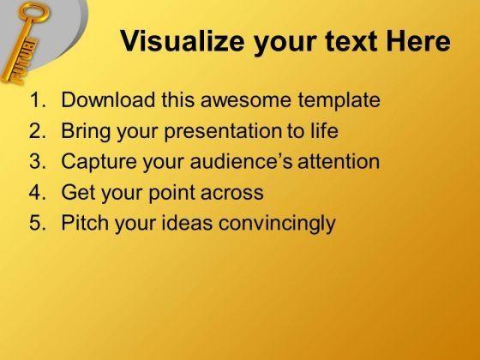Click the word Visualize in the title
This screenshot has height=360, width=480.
(182, 41)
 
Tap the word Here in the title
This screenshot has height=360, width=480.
(418, 41)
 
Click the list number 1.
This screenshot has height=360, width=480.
(38, 99)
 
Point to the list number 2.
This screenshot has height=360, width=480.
(38, 130)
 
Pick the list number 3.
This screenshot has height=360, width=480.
(38, 161)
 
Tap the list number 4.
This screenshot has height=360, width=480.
(38, 192)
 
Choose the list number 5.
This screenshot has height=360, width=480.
(38, 223)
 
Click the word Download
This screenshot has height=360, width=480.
(108, 99)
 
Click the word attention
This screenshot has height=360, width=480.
(339, 161)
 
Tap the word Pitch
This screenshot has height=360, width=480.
(85, 222)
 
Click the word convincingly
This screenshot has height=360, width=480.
(277, 224)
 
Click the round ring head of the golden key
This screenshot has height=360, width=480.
(34, 12)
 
